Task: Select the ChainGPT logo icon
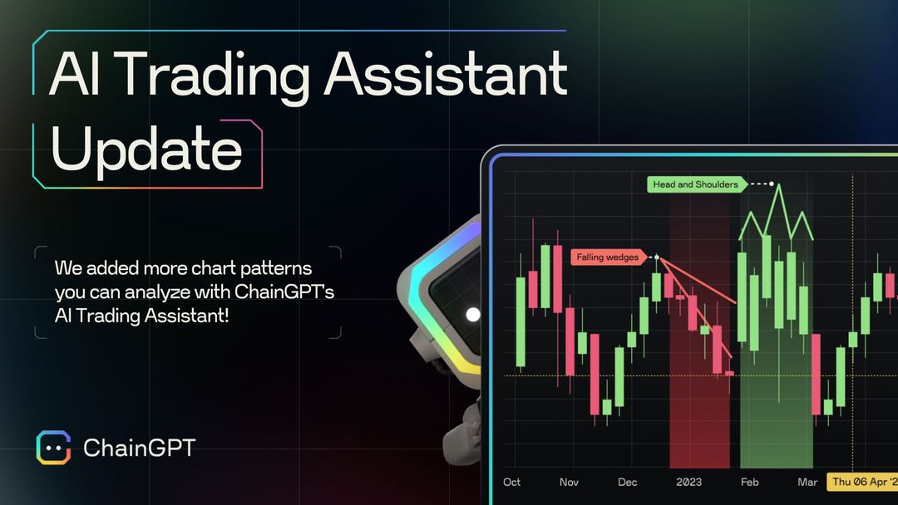point(53,449)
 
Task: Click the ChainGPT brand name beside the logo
point(139,449)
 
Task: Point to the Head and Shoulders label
point(694,184)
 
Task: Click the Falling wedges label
point(608,257)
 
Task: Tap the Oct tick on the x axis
point(512,482)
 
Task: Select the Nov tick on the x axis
point(569,482)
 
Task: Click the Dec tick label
point(627,482)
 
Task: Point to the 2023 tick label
point(688,482)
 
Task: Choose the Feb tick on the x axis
point(749,482)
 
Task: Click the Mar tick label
point(807,482)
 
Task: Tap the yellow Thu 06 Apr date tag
point(861,482)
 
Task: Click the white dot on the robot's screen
point(473,315)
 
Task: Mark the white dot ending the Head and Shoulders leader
point(772,184)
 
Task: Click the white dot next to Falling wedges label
point(656,257)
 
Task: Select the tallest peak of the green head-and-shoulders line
point(778,185)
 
